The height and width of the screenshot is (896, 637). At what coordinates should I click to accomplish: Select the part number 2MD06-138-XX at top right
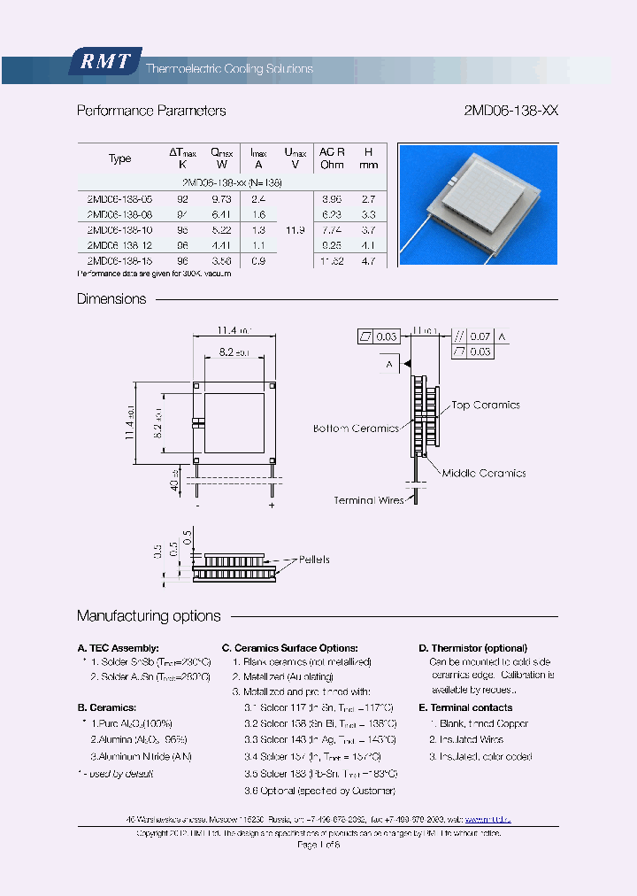point(510,111)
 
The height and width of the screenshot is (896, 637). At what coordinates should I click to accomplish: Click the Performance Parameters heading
point(151,111)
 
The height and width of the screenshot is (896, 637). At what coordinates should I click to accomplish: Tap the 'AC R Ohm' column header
point(332,158)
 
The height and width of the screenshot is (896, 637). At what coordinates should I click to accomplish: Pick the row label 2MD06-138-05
point(119,199)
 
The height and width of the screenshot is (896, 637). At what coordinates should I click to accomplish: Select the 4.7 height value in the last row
point(369,261)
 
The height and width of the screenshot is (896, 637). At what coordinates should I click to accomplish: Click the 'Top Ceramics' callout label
point(486,406)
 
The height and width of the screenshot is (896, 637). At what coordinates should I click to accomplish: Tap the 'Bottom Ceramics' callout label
point(356,429)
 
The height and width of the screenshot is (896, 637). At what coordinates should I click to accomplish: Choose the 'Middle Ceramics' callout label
point(484,473)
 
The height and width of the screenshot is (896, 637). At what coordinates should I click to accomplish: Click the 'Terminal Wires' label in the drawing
point(368,500)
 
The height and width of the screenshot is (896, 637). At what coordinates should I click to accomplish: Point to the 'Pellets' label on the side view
point(314,560)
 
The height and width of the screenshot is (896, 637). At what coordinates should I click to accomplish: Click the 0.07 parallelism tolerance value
point(480,336)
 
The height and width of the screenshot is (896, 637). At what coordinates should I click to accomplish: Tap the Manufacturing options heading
point(149,616)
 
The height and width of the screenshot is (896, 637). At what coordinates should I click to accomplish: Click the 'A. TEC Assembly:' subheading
point(119,648)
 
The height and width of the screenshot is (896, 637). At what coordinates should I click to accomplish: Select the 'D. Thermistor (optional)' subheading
point(472,648)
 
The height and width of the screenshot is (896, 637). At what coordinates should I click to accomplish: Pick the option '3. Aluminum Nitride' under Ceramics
point(141,756)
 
